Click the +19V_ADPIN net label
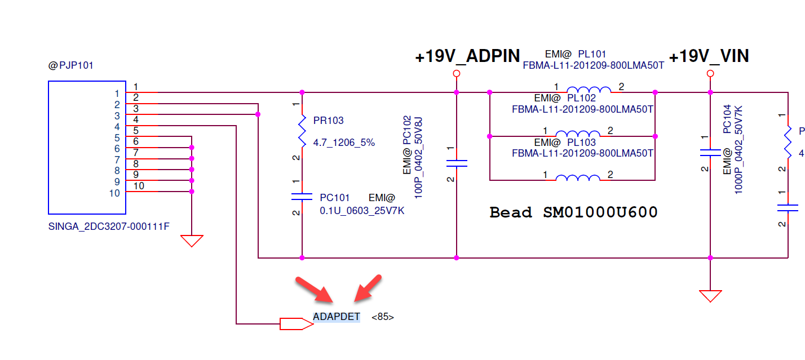[x=467, y=56]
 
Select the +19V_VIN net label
[x=709, y=56]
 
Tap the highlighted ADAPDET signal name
[x=337, y=317]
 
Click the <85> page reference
[x=383, y=317]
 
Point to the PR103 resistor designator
[x=328, y=121]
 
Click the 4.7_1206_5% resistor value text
[x=344, y=143]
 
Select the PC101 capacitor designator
[x=335, y=198]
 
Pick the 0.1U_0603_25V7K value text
[x=362, y=211]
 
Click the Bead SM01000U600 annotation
[x=573, y=212]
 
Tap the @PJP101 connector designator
[x=71, y=65]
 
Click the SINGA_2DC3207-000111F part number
[x=109, y=227]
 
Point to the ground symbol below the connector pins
[x=192, y=241]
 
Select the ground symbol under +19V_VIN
[x=710, y=296]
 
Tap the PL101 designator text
[x=592, y=54]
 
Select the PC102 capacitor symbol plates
[x=456, y=163]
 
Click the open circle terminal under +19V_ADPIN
[x=456, y=74]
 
